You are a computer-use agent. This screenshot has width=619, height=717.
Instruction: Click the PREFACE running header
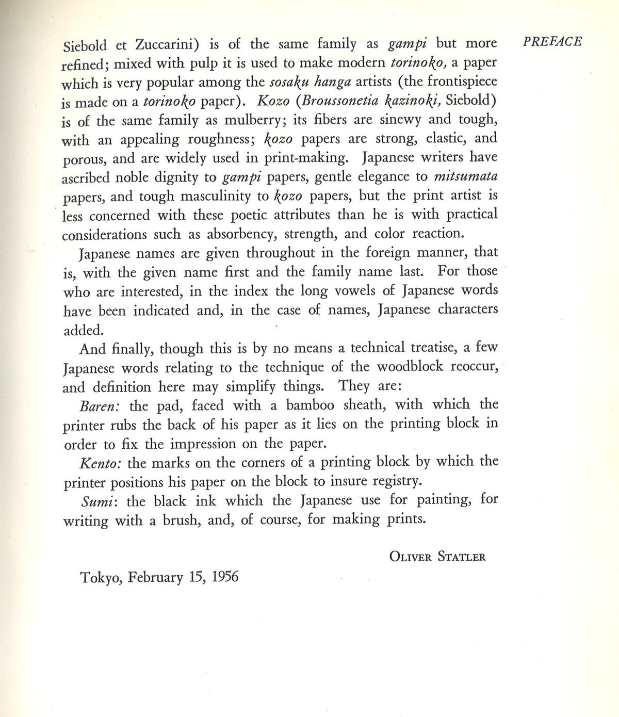click(x=552, y=41)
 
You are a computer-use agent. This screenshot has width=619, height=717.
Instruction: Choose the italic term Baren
click(x=100, y=405)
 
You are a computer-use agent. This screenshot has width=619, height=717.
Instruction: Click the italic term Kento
click(x=101, y=462)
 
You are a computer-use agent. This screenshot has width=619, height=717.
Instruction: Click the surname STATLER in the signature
click(x=459, y=557)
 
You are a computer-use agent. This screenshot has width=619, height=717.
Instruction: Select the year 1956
click(x=225, y=577)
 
